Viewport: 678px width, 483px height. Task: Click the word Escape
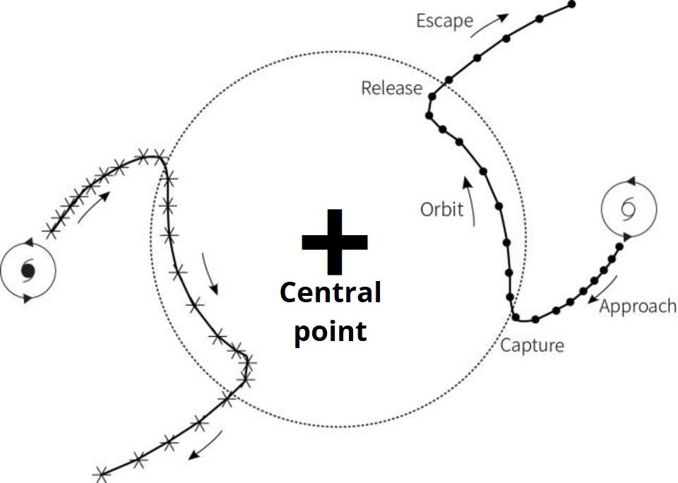coord(444,20)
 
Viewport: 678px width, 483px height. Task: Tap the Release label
coord(391,88)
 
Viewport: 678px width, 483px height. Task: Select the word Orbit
coord(442,209)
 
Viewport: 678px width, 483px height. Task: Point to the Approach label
coord(638,306)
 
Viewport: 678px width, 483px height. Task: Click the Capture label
coord(533,345)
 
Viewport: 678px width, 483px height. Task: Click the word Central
coord(331,292)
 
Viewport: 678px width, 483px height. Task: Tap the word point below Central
coord(331,330)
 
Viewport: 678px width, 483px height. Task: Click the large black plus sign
coord(334,241)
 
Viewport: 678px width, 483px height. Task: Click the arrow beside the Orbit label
coord(469,201)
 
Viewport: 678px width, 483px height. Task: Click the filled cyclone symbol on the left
coord(28,270)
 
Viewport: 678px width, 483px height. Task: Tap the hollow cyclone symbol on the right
coord(628,208)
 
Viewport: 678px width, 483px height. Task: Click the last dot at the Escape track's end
coord(572,4)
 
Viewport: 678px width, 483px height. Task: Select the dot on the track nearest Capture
coord(516,316)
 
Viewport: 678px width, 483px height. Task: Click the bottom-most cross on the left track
coord(102,473)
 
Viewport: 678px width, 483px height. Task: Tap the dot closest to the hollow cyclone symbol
coord(619,246)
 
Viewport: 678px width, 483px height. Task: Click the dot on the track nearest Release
coord(448,80)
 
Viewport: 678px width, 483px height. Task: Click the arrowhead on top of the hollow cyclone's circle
coord(631,182)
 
